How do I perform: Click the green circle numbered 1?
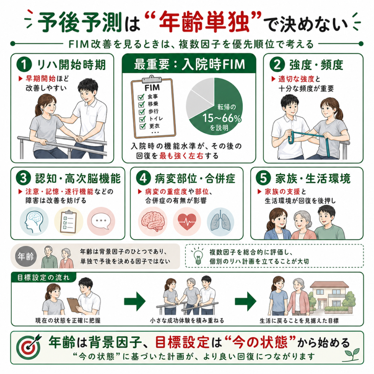[x=24, y=64]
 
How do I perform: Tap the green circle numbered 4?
[x=143, y=178]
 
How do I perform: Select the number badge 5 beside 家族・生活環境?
[x=263, y=178]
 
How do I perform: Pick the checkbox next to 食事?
[x=141, y=97]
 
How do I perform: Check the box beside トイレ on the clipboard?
[x=142, y=119]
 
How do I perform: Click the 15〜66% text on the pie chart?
[x=222, y=118]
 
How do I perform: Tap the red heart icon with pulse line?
[x=187, y=222]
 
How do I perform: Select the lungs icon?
[x=220, y=221]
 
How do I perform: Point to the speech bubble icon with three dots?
[x=101, y=221]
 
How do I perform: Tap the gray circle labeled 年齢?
[x=26, y=257]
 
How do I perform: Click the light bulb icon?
[x=198, y=256]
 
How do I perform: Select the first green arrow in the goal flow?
[x=135, y=301]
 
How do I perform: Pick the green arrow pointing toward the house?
[x=245, y=301]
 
